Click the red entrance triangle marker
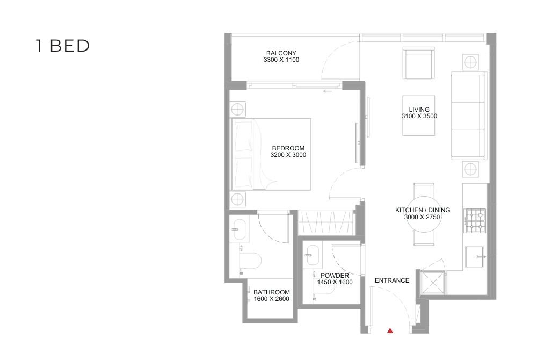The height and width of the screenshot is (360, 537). [x=390, y=330]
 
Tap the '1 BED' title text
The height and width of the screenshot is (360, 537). [x=63, y=46]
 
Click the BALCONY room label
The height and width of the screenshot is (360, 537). [x=281, y=53]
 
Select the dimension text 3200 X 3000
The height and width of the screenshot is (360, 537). [x=288, y=155]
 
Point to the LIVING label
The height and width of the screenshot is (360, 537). [x=419, y=110]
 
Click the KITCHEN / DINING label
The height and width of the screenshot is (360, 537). [x=423, y=210]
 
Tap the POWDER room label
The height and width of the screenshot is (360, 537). [x=335, y=276]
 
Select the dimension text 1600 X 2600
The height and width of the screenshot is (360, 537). [x=272, y=299]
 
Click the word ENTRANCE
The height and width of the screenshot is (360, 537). [x=392, y=280]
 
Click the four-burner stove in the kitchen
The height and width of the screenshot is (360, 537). [x=475, y=221]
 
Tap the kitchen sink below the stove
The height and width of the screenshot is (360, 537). [x=474, y=256]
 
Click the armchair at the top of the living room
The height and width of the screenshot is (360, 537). [x=418, y=63]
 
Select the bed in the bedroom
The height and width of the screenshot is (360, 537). [x=271, y=154]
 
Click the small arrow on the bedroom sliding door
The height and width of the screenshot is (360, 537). [x=328, y=91]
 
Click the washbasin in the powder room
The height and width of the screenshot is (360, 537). [x=313, y=255]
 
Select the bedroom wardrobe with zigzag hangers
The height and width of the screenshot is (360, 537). [x=325, y=222]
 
